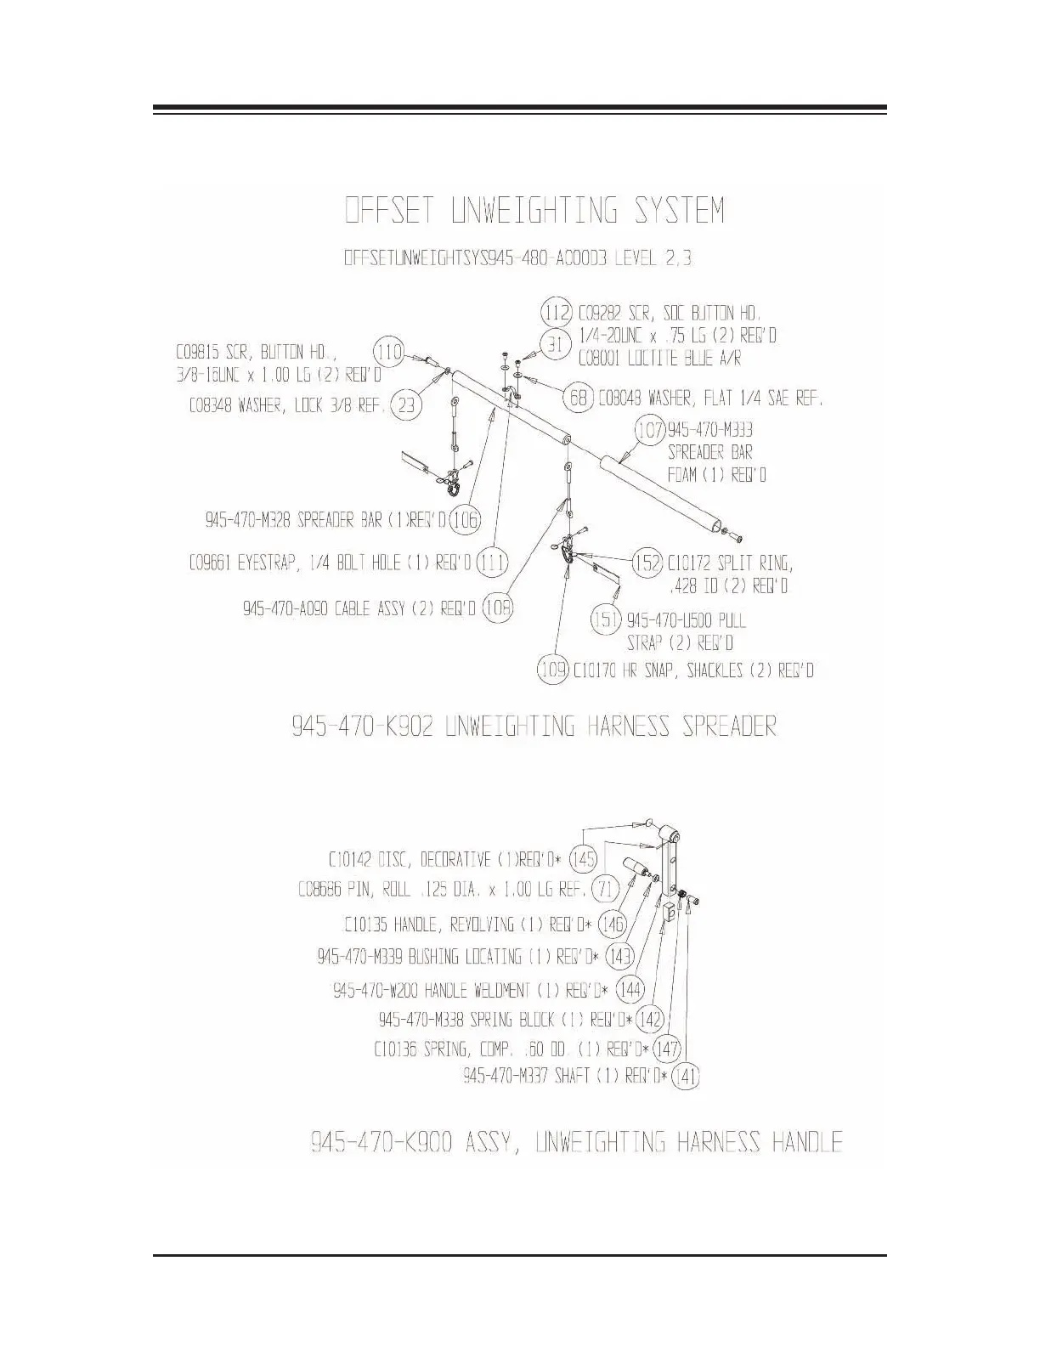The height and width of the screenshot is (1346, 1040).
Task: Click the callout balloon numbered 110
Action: (389, 352)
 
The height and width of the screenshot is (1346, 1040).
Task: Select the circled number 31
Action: (555, 344)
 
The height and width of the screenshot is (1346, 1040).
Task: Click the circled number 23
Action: (407, 405)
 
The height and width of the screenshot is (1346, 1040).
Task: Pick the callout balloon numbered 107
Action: (650, 430)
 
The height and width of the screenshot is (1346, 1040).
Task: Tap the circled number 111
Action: (493, 563)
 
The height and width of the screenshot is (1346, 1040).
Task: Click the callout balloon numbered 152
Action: (647, 563)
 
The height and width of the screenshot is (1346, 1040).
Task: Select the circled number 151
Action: (607, 619)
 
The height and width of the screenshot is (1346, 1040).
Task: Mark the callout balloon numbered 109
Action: (553, 670)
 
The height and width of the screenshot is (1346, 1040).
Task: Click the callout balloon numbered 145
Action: (584, 858)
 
